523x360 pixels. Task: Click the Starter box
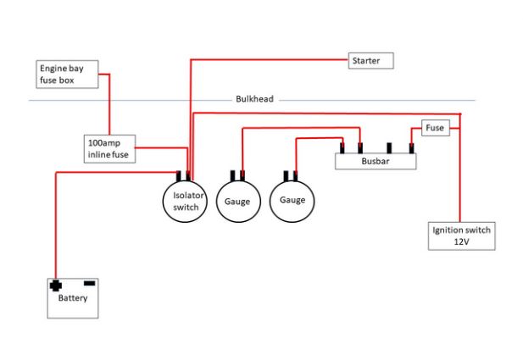tap(370, 61)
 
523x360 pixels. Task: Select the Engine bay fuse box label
tap(68, 74)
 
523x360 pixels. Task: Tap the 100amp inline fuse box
tap(109, 149)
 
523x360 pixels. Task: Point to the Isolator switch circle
tap(184, 201)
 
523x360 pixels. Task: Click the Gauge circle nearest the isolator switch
tap(237, 202)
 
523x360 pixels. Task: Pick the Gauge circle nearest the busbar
tap(291, 200)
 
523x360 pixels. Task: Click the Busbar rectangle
tap(375, 160)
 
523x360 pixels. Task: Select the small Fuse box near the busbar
tap(435, 128)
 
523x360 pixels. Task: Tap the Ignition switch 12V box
tap(461, 235)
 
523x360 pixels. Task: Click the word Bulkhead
tap(254, 100)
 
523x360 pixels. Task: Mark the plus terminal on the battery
tap(57, 285)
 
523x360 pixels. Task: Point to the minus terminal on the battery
tap(89, 282)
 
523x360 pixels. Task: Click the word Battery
tap(72, 298)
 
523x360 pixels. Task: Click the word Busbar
tap(375, 161)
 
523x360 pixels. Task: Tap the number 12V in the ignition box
tap(461, 242)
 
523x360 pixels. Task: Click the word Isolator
tap(184, 195)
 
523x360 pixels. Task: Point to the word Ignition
tap(448, 230)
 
